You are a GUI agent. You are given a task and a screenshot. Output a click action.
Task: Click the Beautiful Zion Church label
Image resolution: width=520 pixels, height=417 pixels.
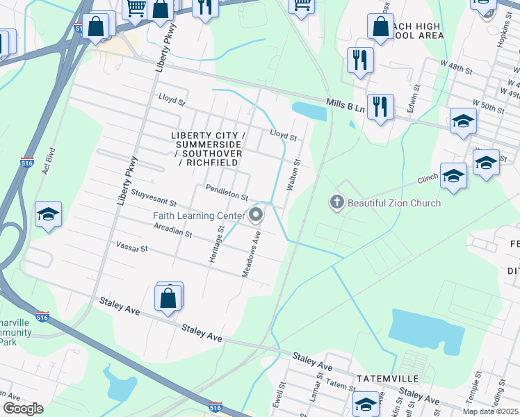[x=394, y=203]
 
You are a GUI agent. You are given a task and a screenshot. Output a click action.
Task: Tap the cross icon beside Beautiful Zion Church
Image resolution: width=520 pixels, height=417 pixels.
[x=337, y=202]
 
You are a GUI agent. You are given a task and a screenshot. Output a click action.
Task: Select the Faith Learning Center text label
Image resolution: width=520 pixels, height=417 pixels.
[x=199, y=215]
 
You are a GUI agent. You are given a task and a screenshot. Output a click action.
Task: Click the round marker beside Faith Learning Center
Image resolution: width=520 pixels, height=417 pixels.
[x=256, y=215]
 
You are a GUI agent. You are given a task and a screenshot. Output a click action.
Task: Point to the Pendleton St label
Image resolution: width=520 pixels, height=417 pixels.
[x=227, y=193]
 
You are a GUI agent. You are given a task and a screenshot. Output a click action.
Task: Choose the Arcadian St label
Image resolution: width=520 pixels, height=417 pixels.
[x=173, y=230]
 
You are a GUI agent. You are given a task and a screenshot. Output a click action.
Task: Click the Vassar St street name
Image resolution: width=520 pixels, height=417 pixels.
[x=132, y=247]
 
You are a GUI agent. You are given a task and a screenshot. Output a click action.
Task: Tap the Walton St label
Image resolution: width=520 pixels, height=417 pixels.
[x=293, y=175]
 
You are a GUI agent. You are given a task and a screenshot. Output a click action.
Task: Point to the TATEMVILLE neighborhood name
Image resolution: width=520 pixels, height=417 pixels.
[x=387, y=378]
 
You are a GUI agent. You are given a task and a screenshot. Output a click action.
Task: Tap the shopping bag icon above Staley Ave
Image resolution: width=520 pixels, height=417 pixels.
[x=169, y=298]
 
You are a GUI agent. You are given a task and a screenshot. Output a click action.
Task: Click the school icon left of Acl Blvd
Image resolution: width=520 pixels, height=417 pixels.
[x=49, y=215]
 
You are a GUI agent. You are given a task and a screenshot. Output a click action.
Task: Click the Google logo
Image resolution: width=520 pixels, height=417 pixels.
[x=22, y=409]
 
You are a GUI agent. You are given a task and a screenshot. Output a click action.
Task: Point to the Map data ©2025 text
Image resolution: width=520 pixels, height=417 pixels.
[x=490, y=412]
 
